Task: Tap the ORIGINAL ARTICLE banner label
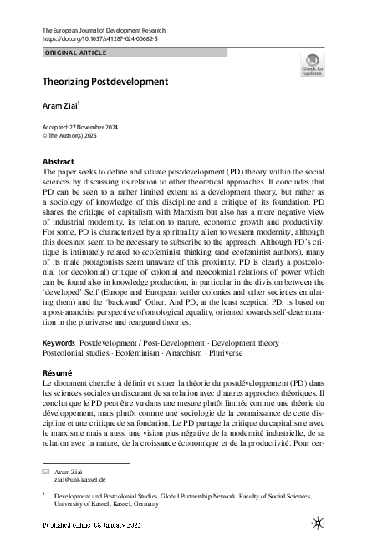pyautogui.click(x=74, y=53)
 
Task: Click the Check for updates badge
pyautogui.click(x=312, y=65)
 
